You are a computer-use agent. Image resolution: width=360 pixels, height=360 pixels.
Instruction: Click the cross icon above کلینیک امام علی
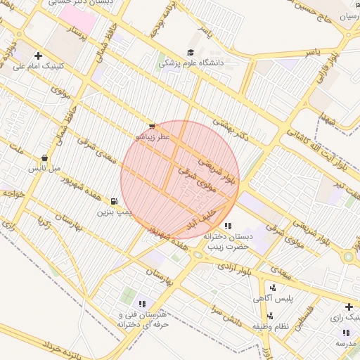point(38,56)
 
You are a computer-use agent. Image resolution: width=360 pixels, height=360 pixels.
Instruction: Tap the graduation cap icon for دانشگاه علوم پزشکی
point(191,53)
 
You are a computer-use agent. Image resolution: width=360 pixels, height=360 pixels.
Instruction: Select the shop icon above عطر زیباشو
point(152,127)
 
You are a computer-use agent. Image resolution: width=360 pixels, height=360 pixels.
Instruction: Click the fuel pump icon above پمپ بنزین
point(114,202)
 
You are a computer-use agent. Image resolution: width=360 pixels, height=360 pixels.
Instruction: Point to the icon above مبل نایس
point(45,158)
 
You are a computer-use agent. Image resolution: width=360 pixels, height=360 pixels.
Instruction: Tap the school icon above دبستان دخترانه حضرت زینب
point(228,226)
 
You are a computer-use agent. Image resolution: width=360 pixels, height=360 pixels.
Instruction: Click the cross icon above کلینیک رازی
point(349,307)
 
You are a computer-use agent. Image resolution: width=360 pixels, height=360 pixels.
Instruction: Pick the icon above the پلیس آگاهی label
point(273,287)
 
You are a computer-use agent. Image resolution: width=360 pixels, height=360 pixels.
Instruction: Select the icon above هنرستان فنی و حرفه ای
point(142,304)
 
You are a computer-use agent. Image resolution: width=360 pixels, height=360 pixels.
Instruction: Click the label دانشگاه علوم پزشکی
point(190,63)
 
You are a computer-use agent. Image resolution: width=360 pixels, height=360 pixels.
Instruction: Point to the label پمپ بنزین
point(115,212)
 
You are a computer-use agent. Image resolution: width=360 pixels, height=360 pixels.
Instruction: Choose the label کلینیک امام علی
point(39,67)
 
